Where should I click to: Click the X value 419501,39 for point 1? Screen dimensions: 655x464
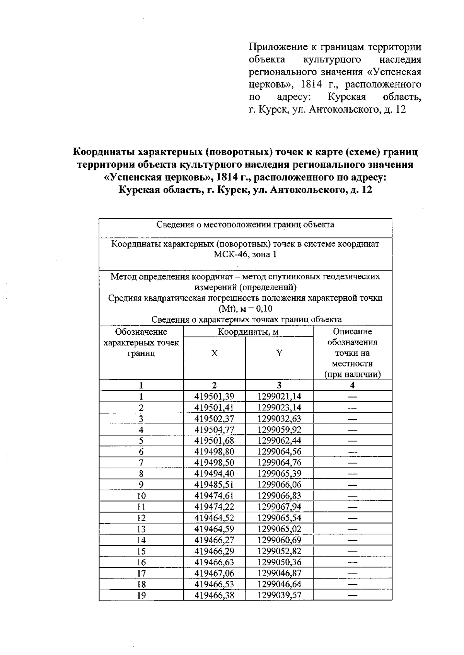[x=214, y=396]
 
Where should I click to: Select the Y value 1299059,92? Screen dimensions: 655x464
[x=279, y=430]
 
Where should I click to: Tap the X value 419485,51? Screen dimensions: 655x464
[x=214, y=485]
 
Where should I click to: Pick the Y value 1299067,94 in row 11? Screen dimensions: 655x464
[x=279, y=507]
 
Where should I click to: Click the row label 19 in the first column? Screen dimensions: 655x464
[x=142, y=595]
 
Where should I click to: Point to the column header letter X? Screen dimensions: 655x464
[x=214, y=353]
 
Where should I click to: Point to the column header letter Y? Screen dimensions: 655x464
[x=279, y=353]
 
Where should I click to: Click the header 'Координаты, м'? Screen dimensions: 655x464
[x=248, y=332]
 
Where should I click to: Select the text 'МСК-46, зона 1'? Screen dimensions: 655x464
[x=245, y=255]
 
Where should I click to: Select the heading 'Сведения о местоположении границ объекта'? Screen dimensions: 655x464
[x=245, y=225]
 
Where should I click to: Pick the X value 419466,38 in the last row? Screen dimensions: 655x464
[x=214, y=595]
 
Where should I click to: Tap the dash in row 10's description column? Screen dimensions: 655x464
[x=352, y=496]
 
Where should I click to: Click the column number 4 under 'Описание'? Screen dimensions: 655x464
[x=352, y=385]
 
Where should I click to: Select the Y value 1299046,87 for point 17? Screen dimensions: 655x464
[x=279, y=573]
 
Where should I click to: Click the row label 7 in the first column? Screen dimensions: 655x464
[x=142, y=463]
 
